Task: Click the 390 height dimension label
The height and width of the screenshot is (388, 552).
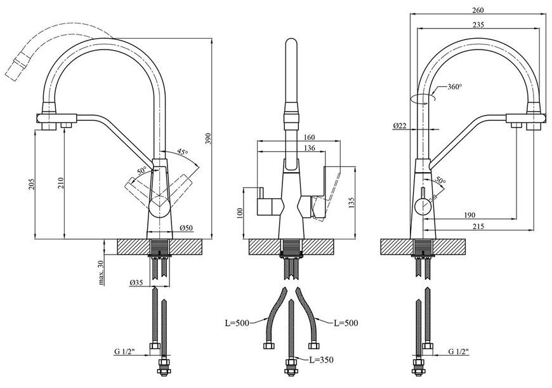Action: click(x=208, y=140)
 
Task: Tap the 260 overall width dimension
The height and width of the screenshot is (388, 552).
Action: click(x=478, y=10)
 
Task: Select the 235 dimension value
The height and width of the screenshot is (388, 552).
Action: click(x=478, y=25)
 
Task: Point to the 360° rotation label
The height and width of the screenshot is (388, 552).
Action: click(x=455, y=87)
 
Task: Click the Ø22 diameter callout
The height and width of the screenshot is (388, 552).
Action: click(x=400, y=126)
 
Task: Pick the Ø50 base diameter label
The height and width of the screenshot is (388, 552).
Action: click(x=187, y=229)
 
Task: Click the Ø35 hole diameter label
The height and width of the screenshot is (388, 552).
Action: click(x=136, y=282)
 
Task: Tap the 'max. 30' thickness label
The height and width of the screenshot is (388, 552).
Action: click(x=102, y=272)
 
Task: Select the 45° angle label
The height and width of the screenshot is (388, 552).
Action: click(x=182, y=152)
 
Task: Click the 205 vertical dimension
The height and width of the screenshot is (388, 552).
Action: click(x=31, y=184)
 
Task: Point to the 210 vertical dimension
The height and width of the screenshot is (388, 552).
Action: click(x=61, y=182)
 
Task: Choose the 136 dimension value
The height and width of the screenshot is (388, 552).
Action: click(x=309, y=148)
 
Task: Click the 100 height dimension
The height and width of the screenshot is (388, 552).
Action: click(x=240, y=213)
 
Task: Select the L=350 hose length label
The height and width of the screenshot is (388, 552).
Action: click(x=321, y=360)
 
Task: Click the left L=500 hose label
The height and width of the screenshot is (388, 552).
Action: click(x=237, y=323)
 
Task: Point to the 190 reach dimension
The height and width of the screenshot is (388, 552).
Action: click(x=470, y=215)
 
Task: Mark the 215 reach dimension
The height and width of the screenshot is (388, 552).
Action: click(x=478, y=227)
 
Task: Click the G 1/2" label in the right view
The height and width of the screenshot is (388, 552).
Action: click(x=459, y=351)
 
